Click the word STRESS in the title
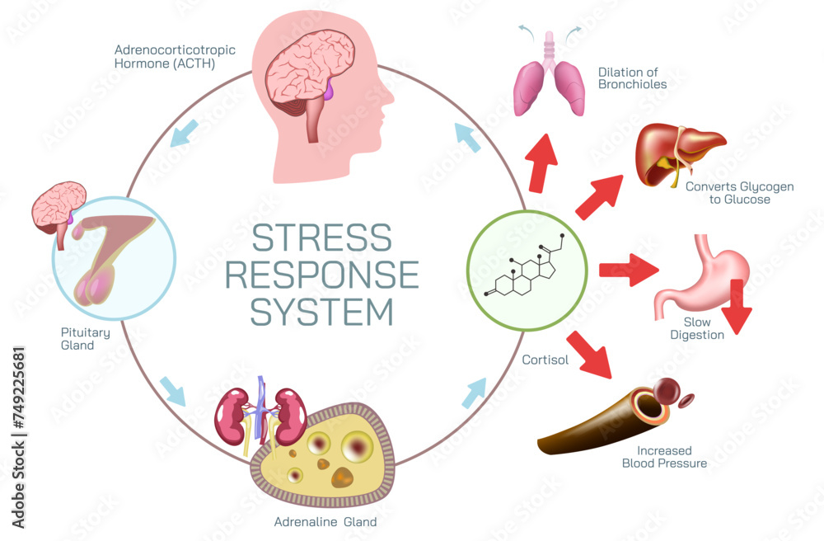(322, 238)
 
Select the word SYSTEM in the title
(322, 312)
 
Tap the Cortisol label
(545, 360)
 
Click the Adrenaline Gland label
(325, 521)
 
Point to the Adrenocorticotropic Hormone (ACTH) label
(175, 56)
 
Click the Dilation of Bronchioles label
(633, 78)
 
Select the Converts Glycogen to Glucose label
(739, 193)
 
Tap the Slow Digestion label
(703, 328)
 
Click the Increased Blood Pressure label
(664, 457)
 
